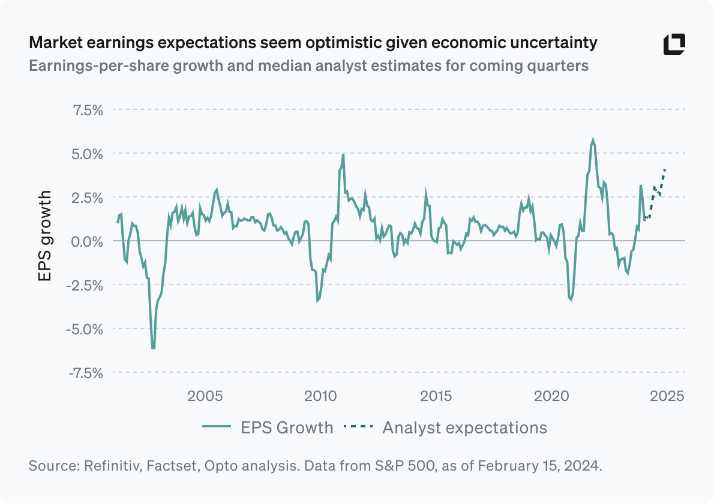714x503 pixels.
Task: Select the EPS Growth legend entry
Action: point(267,427)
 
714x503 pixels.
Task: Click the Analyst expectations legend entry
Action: point(445,427)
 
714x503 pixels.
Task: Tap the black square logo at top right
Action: point(674,45)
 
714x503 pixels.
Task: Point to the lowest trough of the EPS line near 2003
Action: point(154,348)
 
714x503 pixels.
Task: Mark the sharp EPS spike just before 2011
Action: point(343,154)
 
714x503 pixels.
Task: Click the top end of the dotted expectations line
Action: point(665,170)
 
